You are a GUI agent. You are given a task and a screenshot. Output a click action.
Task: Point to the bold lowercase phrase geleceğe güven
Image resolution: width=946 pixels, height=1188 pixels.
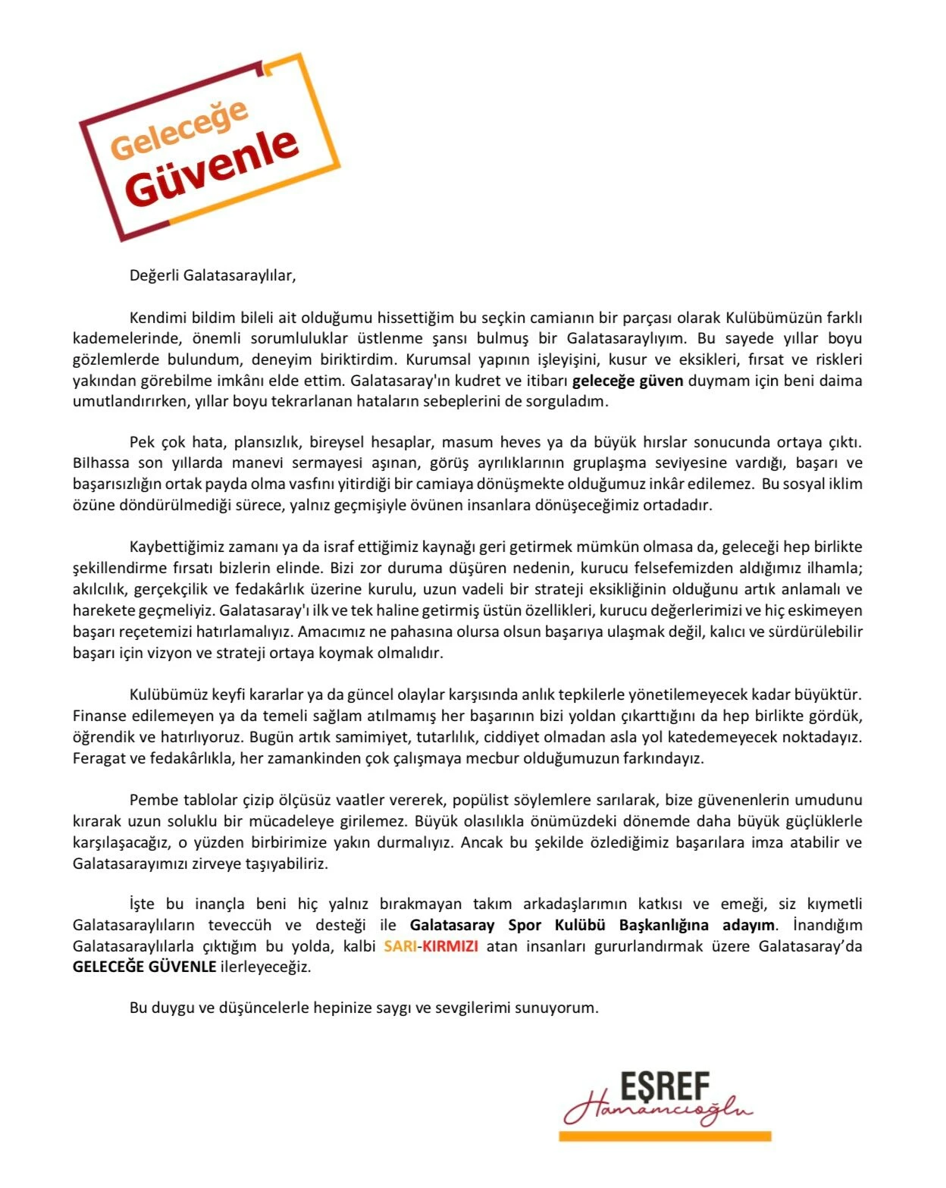pyautogui.click(x=628, y=381)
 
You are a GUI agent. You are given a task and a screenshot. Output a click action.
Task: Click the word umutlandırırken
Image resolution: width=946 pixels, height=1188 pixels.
pyautogui.click(x=127, y=401)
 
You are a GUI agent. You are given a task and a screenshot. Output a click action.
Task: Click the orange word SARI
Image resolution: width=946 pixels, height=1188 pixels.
pyautogui.click(x=399, y=946)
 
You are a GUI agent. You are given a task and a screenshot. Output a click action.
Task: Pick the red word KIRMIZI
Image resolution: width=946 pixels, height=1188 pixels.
pyautogui.click(x=450, y=946)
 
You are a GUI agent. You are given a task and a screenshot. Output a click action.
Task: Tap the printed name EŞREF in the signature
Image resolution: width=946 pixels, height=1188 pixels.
pyautogui.click(x=665, y=1088)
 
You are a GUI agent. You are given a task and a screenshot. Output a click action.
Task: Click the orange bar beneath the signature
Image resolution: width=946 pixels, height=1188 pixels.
pyautogui.click(x=664, y=1136)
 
